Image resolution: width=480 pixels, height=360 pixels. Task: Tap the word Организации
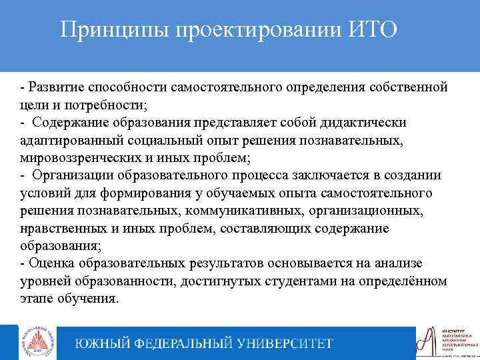click(x=75, y=175)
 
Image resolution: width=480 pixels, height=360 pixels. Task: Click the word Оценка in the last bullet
click(x=47, y=263)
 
